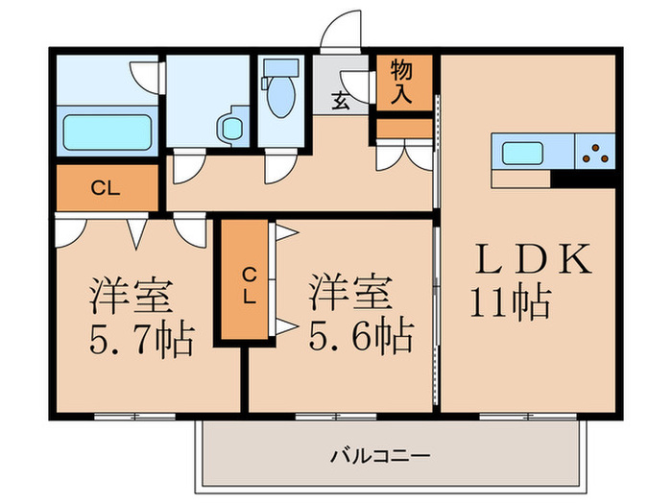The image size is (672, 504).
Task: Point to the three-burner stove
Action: coord(595,152)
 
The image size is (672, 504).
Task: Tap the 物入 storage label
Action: coord(402,82)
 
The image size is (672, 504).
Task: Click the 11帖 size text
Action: coord(510,302)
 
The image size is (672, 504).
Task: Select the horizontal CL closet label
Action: coord(105,188)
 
